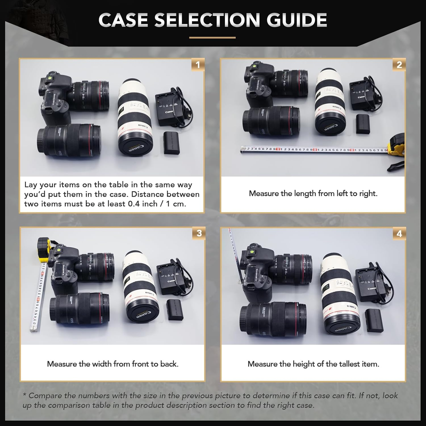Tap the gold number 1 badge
(198, 65)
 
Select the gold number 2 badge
(399, 65)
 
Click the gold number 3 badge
(199, 233)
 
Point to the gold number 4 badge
(399, 234)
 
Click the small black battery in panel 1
(172, 143)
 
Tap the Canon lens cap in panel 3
(142, 314)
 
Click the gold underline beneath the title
(212, 37)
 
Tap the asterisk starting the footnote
(25, 395)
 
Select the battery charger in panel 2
(361, 96)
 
